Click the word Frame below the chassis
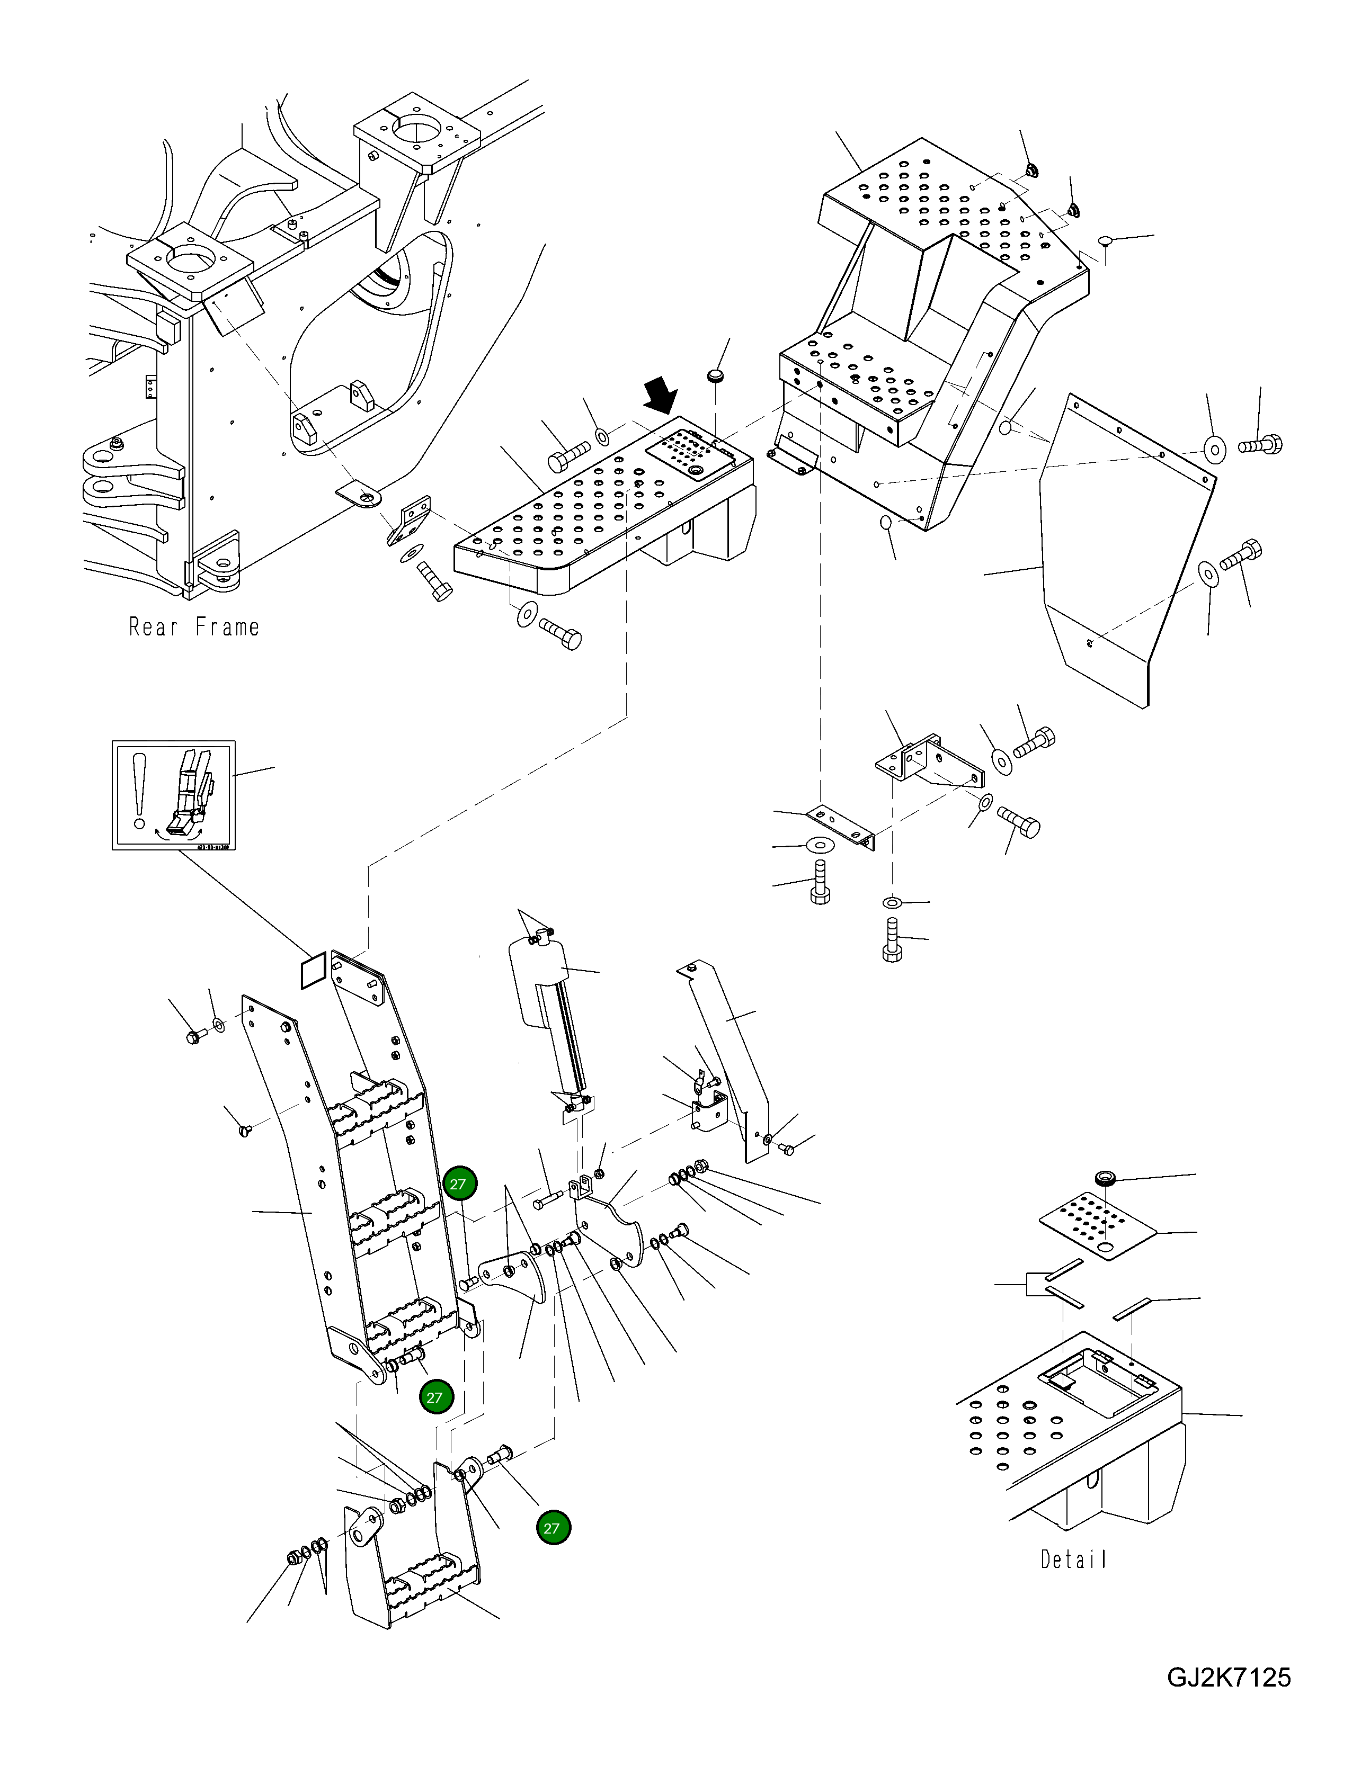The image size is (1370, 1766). click(227, 626)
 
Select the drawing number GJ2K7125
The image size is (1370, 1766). click(1229, 1677)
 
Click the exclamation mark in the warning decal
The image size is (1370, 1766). click(140, 792)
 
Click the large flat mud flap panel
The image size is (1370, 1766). click(1124, 566)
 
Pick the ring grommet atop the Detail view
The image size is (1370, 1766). click(1104, 1178)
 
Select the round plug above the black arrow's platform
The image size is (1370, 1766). click(715, 376)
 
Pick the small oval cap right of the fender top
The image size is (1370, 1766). click(1106, 240)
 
